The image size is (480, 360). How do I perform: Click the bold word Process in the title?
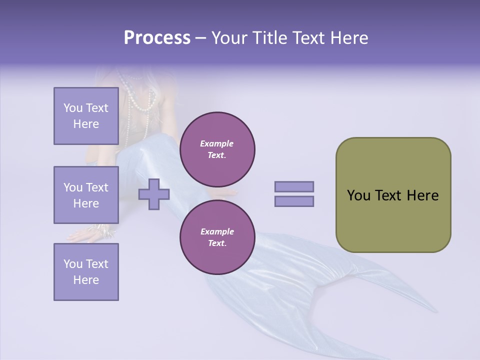(x=157, y=38)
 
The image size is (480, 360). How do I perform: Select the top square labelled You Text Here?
(x=86, y=116)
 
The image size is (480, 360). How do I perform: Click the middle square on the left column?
(x=86, y=195)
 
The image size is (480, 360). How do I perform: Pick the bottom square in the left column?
(x=86, y=272)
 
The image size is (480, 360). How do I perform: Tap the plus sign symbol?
(x=154, y=194)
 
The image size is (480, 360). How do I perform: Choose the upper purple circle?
(x=217, y=149)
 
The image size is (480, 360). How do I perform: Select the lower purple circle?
(x=217, y=237)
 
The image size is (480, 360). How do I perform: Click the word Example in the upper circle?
(x=217, y=143)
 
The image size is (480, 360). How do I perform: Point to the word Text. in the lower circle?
(x=217, y=243)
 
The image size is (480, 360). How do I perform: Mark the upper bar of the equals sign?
(x=294, y=186)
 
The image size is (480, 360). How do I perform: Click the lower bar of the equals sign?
(x=294, y=201)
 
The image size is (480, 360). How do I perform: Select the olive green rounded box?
(x=393, y=195)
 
